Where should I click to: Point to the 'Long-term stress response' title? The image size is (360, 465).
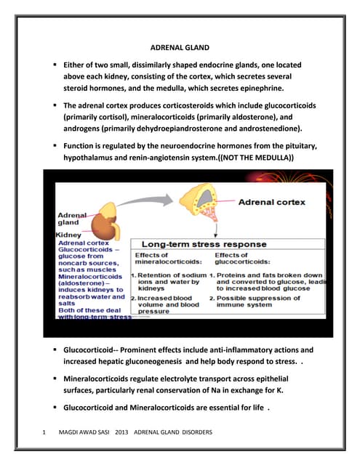204,244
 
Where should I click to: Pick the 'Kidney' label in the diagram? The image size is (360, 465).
68,235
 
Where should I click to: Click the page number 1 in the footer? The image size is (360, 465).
46,433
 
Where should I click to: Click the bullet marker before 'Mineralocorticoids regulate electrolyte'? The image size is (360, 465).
55,379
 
